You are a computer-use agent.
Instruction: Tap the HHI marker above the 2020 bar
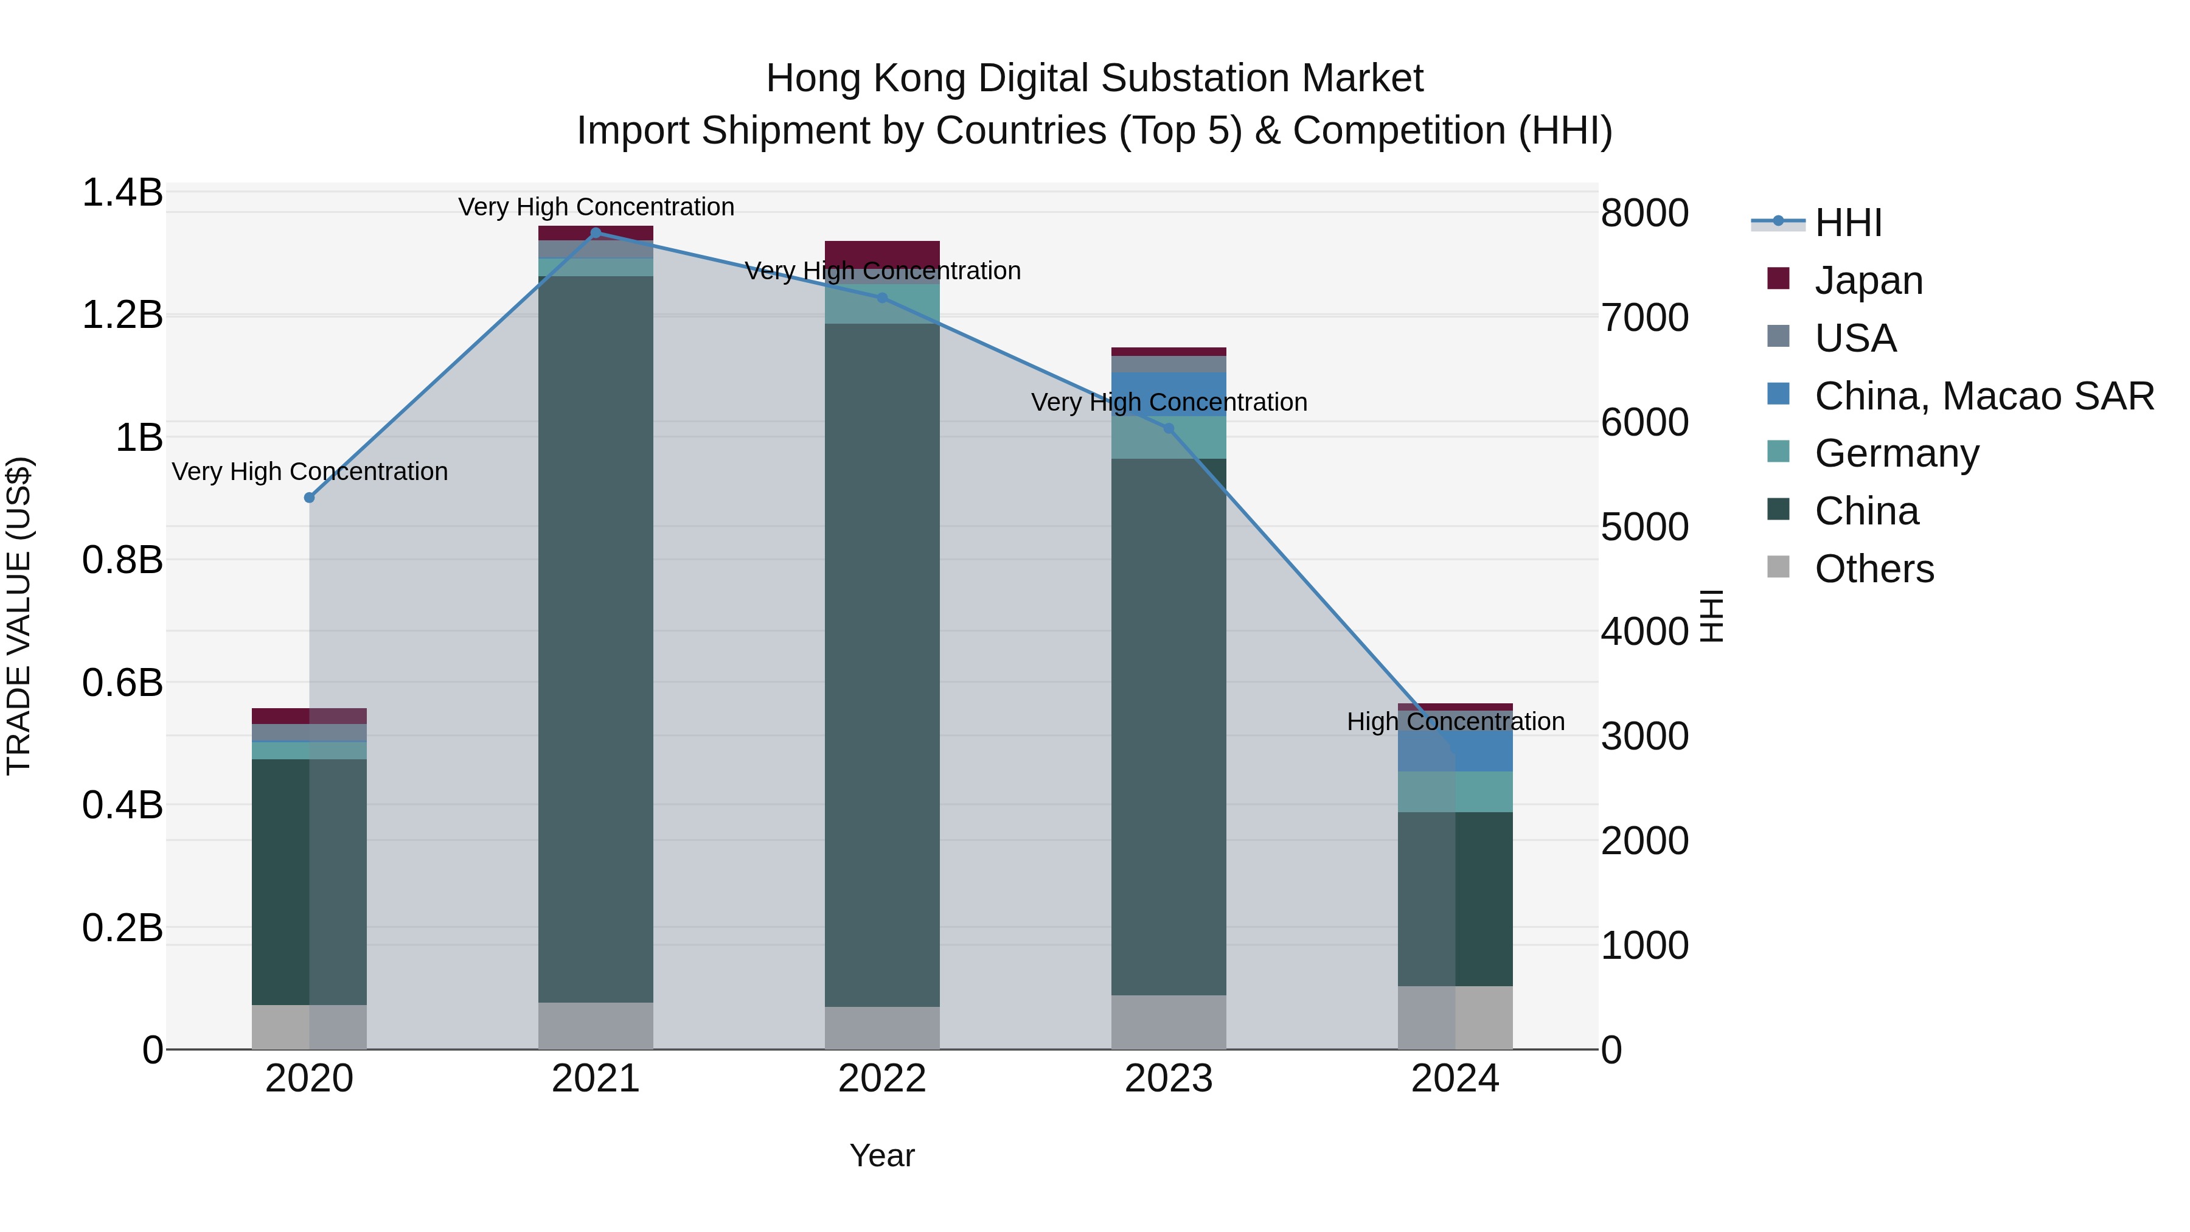click(310, 498)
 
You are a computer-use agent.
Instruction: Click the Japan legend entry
click(1868, 280)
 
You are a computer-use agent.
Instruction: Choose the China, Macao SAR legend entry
click(1983, 396)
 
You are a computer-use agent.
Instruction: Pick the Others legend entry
click(1874, 569)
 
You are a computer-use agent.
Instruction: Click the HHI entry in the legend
click(1848, 223)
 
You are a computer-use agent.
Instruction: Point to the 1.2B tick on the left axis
click(122, 315)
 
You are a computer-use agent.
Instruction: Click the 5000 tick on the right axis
click(1644, 527)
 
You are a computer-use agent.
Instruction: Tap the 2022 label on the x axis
click(881, 1079)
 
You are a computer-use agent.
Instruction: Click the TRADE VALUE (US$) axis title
click(19, 616)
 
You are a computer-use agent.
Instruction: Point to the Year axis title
click(881, 1155)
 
